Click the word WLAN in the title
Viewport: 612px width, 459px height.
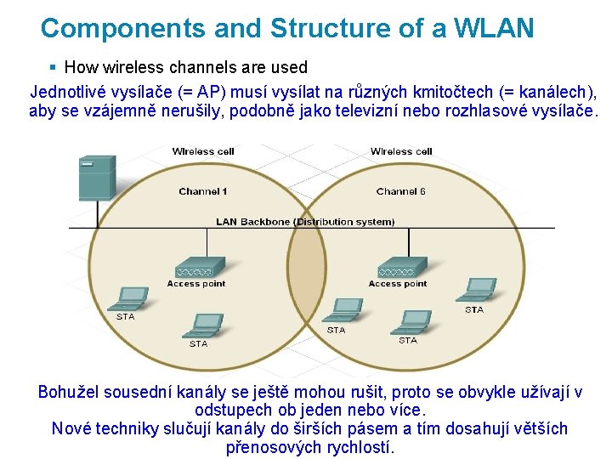pos(495,28)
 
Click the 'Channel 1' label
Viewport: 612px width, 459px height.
pos(203,191)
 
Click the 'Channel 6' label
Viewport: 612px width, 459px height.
pos(401,191)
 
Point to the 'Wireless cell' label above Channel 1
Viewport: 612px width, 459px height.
pos(203,151)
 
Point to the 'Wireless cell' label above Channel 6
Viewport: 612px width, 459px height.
pos(401,151)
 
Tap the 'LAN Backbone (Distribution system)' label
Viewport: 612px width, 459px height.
pos(305,222)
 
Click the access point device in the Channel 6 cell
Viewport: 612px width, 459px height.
pos(399,267)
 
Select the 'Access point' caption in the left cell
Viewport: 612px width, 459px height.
pos(196,284)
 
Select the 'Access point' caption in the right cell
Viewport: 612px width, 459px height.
pos(398,284)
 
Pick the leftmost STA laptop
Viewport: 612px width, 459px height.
pos(127,298)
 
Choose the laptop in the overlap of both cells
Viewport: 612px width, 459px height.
pos(344,309)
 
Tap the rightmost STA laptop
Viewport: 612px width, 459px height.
pos(475,290)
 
